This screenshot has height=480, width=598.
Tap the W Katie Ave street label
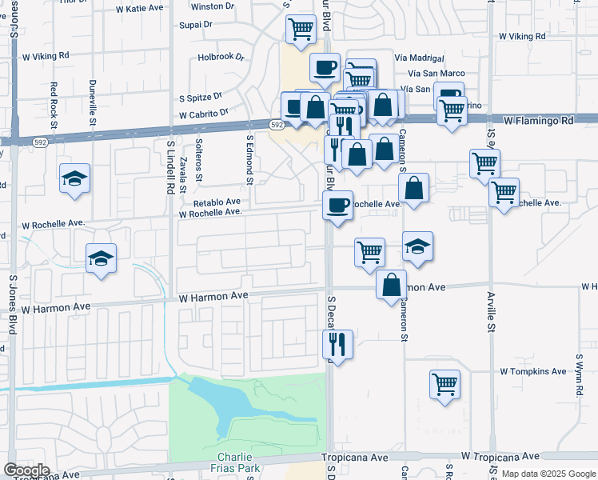point(140,9)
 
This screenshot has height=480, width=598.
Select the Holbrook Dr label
point(220,57)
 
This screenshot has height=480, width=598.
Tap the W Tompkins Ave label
point(533,372)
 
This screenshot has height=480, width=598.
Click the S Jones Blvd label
point(12,302)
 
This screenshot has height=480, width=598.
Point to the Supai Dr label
point(197,25)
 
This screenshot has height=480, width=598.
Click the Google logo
point(26,470)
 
